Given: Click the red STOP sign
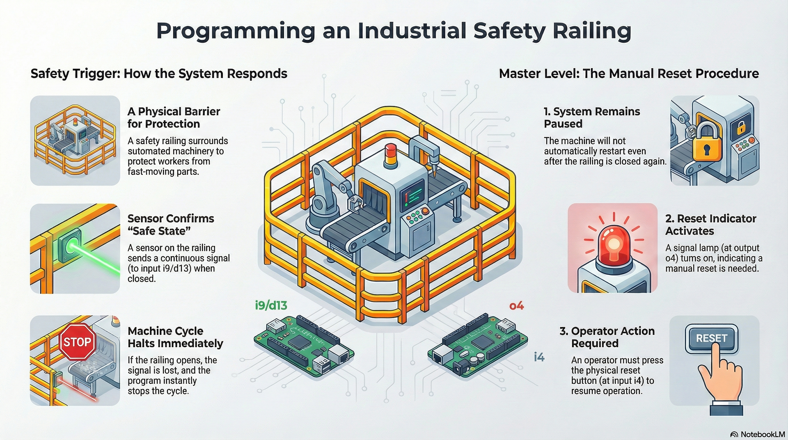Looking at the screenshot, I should click(x=77, y=341).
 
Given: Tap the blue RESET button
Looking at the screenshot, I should click(x=711, y=338).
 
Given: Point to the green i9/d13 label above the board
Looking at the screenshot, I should click(x=271, y=305).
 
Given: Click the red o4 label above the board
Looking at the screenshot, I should click(x=516, y=306).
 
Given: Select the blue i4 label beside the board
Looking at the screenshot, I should click(x=539, y=357).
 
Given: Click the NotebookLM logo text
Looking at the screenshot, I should click(x=763, y=434).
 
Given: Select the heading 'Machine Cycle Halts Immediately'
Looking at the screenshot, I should click(x=175, y=337).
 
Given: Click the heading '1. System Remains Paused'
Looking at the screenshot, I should click(x=591, y=117).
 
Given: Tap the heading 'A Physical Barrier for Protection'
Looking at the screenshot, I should click(x=174, y=117).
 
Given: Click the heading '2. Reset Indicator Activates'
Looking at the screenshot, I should click(x=710, y=225).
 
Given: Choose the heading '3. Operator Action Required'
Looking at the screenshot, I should click(x=607, y=337).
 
